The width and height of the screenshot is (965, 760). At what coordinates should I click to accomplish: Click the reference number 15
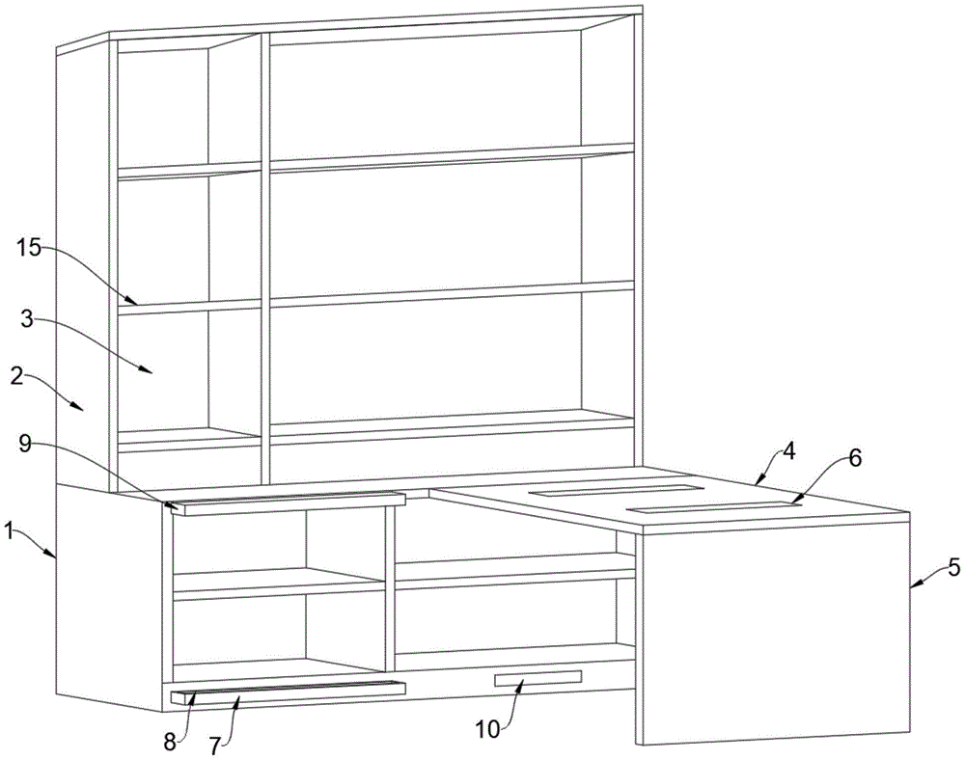[x=29, y=248]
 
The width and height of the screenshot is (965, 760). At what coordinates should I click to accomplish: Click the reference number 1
[x=12, y=529]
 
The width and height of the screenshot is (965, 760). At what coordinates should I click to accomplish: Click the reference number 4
[x=788, y=448]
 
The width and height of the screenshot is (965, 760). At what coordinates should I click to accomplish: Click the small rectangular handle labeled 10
[x=538, y=679]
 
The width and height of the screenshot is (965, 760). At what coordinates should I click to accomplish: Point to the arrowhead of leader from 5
[x=910, y=584]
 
